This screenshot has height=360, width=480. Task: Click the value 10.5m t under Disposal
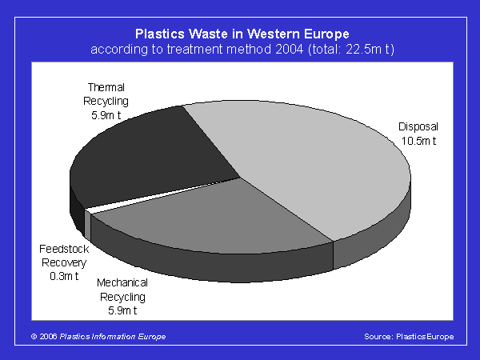tap(418, 141)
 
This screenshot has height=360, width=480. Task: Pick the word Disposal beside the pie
tap(418, 126)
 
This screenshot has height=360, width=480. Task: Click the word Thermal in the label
tap(106, 87)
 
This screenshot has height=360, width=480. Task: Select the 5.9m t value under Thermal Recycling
tap(106, 115)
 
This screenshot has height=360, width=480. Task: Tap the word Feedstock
tap(64, 249)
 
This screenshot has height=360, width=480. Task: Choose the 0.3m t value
tap(64, 276)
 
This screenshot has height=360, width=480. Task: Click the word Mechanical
tap(122, 282)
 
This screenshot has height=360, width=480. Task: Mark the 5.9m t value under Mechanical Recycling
tap(122, 310)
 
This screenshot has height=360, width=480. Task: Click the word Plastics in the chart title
tap(160, 34)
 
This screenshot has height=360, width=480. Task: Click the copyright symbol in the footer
tap(34, 337)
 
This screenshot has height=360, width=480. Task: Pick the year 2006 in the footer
tap(48, 337)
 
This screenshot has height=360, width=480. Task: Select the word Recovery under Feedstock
tap(64, 262)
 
